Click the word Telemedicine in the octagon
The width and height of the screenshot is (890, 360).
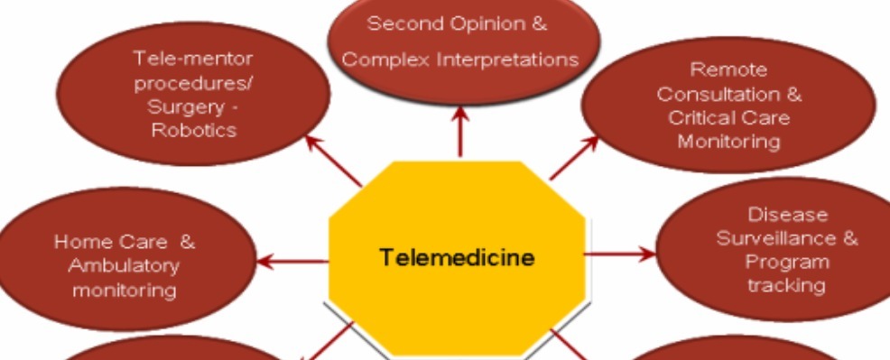(x=457, y=258)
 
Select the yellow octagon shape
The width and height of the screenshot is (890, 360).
(x=457, y=298)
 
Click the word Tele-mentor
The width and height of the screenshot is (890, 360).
(x=193, y=59)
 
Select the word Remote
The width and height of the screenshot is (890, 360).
(x=728, y=69)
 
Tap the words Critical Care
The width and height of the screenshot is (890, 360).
(x=728, y=118)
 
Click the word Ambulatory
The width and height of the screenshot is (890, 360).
(x=124, y=266)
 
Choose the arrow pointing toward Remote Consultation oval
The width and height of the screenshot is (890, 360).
(x=573, y=158)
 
